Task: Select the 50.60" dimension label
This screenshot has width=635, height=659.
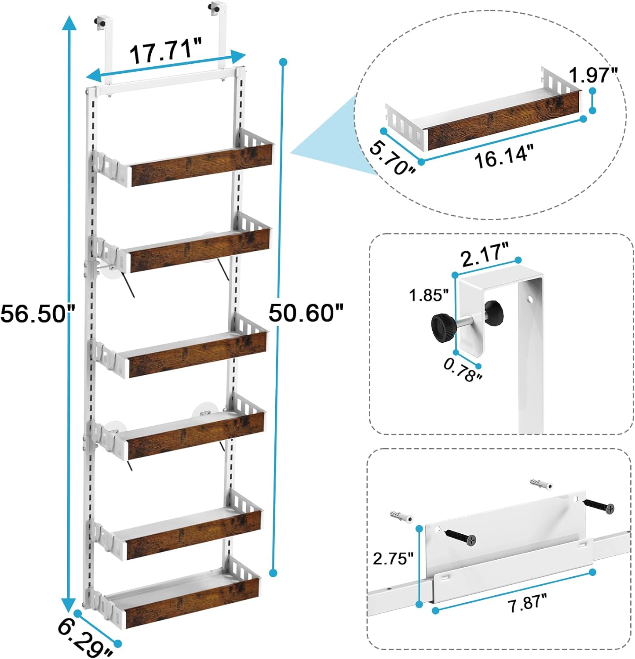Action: [x=306, y=313]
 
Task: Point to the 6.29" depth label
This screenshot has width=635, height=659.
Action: [x=85, y=639]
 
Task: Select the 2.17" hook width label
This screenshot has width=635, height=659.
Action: [x=485, y=255]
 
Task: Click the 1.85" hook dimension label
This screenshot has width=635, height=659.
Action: [x=429, y=295]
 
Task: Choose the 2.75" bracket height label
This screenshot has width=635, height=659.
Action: [x=393, y=558]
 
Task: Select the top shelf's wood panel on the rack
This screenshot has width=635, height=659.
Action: [x=202, y=165]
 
